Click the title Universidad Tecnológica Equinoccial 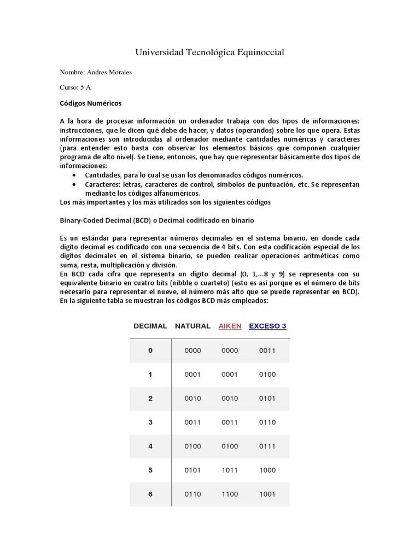click(209, 52)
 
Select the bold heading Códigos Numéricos click(91, 103)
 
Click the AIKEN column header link click(230, 326)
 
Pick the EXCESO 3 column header click(267, 326)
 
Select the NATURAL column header click(192, 326)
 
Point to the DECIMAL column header click(150, 326)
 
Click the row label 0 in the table click(150, 351)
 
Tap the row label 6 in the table click(150, 494)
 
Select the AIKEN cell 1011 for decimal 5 click(230, 470)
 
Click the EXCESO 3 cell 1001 click(267, 494)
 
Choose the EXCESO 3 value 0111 click(267, 446)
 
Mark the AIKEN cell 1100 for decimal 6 click(230, 494)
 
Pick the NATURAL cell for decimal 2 click(193, 399)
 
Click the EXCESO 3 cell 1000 click(267, 470)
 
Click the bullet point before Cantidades click(74, 175)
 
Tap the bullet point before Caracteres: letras click(74, 184)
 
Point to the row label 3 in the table click(150, 422)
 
